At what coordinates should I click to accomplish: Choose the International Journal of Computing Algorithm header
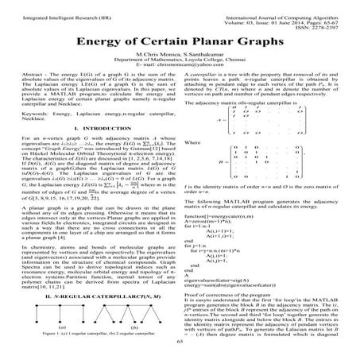pyautogui.click(x=269, y=6)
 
